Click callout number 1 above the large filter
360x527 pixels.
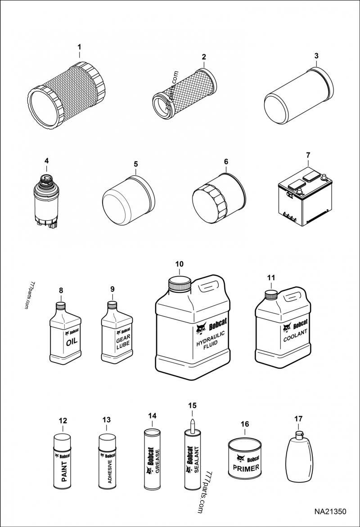click(x=79, y=47)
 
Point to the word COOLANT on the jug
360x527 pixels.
click(x=295, y=335)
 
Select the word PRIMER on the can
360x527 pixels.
click(x=246, y=469)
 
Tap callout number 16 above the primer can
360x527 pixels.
click(x=245, y=424)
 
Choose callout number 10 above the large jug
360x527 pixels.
click(x=179, y=264)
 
